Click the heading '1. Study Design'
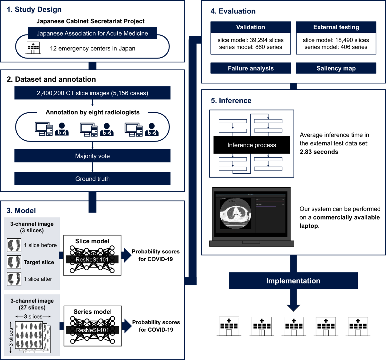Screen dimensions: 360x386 pyautogui.click(x=34, y=10)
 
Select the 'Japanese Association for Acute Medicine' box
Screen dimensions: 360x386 pyautogui.click(x=92, y=33)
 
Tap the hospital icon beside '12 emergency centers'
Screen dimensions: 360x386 pyautogui.click(x=33, y=48)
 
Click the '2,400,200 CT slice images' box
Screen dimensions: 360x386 pyautogui.click(x=92, y=93)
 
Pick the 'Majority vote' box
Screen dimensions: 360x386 pyautogui.click(x=92, y=156)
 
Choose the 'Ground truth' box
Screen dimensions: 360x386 pyautogui.click(x=92, y=179)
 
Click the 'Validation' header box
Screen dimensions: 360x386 pyautogui.click(x=251, y=27)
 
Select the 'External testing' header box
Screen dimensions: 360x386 pyautogui.click(x=336, y=27)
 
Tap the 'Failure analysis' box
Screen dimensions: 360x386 pyautogui.click(x=251, y=68)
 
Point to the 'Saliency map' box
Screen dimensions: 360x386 pyautogui.click(x=336, y=68)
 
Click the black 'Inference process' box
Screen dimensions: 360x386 pyautogui.click(x=252, y=145)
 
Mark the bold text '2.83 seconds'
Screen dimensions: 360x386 pyautogui.click(x=319, y=152)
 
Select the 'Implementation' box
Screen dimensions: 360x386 pyautogui.click(x=293, y=281)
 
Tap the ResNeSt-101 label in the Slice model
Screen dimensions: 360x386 pyautogui.click(x=92, y=259)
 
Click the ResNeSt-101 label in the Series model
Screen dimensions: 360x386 pyautogui.click(x=92, y=330)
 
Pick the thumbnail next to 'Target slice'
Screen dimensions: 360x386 pyautogui.click(x=14, y=262)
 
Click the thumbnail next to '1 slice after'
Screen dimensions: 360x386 pyautogui.click(x=14, y=279)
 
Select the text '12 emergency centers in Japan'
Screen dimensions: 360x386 pyautogui.click(x=93, y=49)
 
